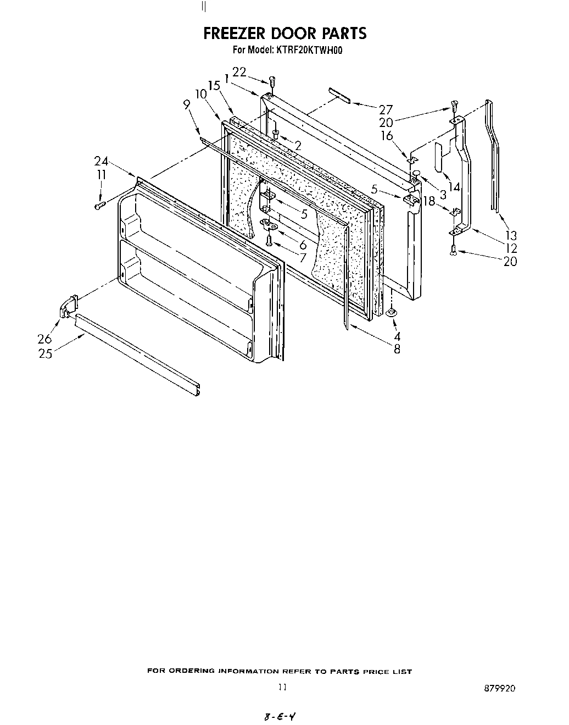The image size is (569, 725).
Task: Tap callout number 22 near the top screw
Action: click(239, 72)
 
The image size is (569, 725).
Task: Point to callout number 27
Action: click(386, 109)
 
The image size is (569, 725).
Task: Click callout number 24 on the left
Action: click(101, 161)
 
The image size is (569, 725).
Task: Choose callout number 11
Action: click(101, 175)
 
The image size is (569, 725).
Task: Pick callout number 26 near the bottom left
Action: click(44, 339)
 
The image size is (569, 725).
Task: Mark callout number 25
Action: click(45, 354)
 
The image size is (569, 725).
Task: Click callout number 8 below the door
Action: click(397, 348)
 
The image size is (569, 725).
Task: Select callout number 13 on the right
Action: click(510, 235)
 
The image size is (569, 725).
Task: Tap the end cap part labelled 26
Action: click(68, 306)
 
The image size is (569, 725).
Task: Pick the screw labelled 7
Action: click(269, 239)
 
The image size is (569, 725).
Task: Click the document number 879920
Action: click(500, 688)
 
